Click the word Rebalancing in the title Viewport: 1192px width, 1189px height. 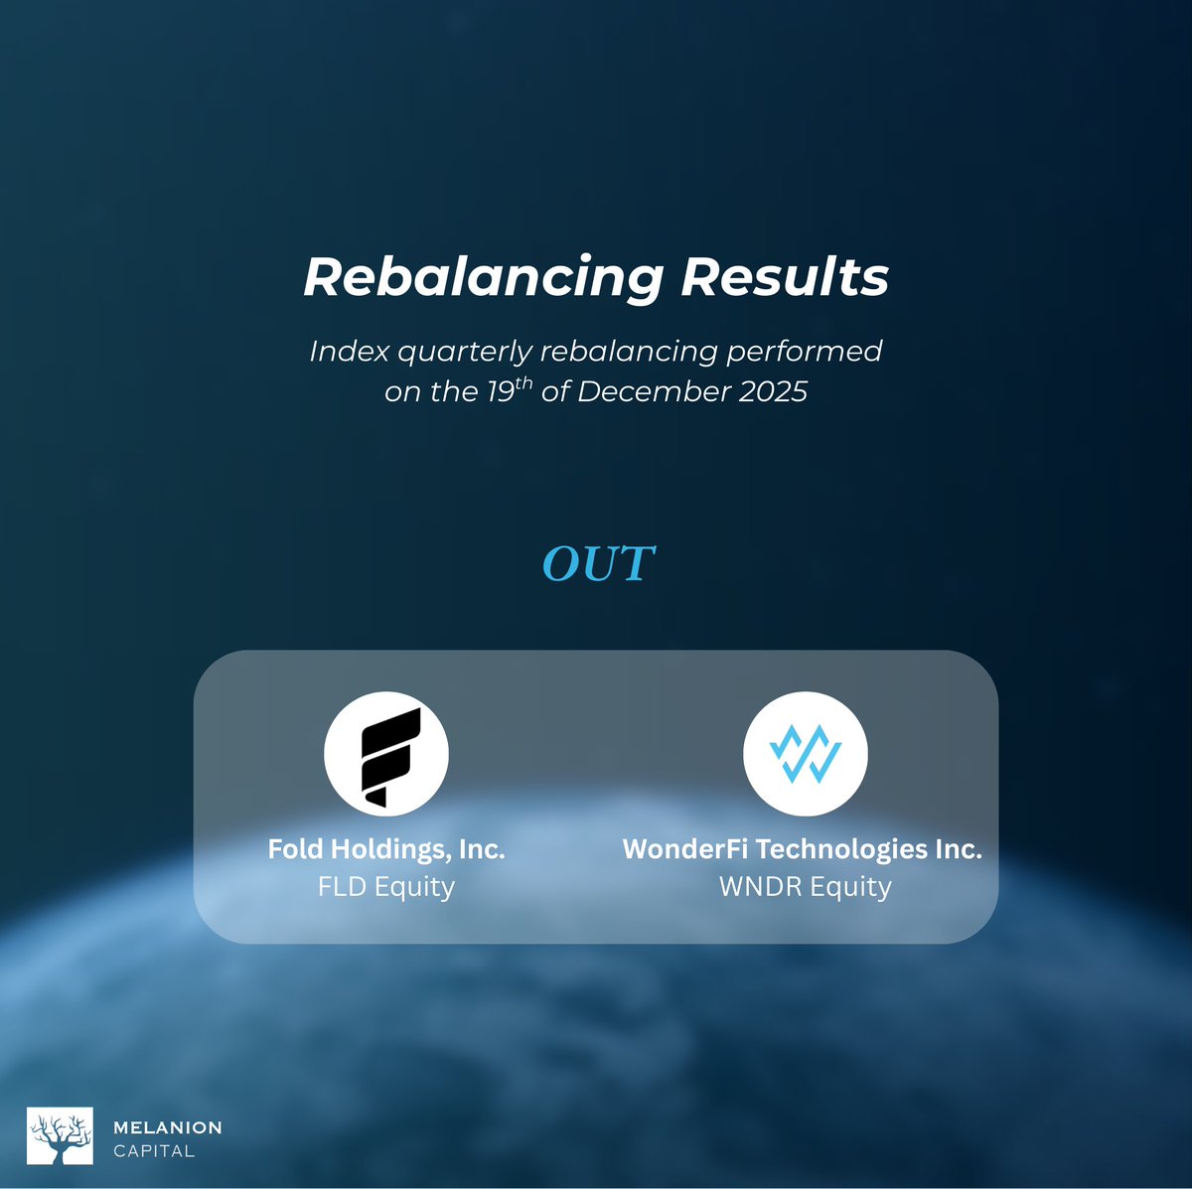(483, 277)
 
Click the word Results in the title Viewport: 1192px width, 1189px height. (785, 277)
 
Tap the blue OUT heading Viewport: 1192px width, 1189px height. (598, 563)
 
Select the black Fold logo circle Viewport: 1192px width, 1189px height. (386, 754)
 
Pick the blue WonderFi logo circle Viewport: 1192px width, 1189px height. (805, 754)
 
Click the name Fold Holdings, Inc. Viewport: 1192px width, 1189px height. (386, 849)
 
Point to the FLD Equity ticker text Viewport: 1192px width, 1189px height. (386, 886)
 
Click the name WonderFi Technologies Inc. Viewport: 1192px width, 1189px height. (803, 849)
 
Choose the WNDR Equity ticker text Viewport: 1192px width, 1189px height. (805, 886)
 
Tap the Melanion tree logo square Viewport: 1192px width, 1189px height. (60, 1135)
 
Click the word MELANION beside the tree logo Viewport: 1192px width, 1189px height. (168, 1127)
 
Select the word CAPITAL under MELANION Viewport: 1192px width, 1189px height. (154, 1151)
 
